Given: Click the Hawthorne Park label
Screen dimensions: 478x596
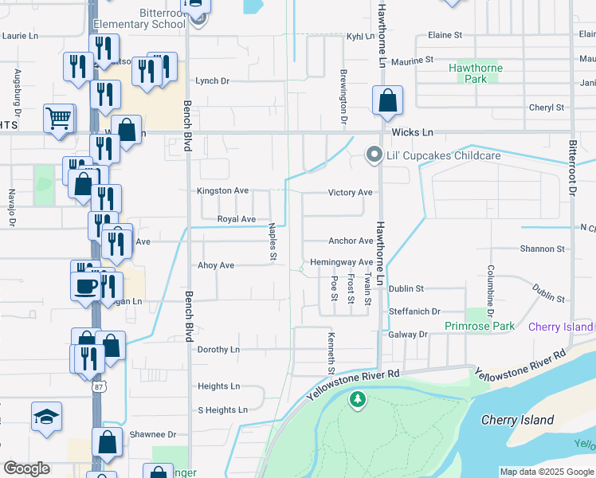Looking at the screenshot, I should coord(475,73).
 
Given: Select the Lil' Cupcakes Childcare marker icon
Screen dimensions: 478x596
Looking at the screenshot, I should coord(372,155).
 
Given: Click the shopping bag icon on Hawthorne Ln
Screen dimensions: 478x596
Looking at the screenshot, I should coord(387,101).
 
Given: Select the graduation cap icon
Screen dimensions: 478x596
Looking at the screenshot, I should coord(46,416).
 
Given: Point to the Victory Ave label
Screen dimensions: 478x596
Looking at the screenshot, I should coord(350,193).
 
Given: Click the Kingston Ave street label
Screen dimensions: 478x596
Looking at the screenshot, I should coord(223,191).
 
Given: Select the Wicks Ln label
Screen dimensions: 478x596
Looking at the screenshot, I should coord(412,131).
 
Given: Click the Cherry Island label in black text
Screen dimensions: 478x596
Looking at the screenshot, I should coord(517,420).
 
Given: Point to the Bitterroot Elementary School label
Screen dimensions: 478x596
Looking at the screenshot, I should coord(139,18).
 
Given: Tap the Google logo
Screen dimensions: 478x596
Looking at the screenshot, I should coord(26,468).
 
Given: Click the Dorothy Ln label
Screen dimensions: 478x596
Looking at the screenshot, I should coord(218,350).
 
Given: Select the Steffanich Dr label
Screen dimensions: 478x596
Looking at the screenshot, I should coord(414,311).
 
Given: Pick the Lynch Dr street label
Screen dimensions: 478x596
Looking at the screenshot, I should coord(212,81).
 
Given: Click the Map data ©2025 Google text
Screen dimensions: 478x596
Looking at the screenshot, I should coord(546,472).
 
